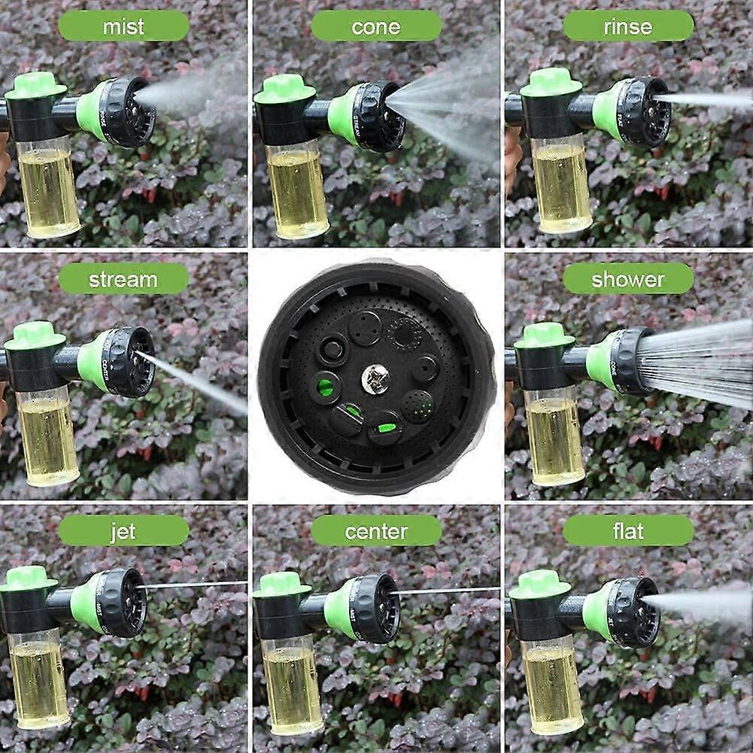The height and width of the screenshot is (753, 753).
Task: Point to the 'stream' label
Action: [x=123, y=279]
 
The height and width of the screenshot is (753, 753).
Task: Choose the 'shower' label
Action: [x=628, y=279]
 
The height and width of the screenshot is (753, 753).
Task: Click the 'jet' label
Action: [x=123, y=531]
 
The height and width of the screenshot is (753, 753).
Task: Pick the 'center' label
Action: [x=375, y=531]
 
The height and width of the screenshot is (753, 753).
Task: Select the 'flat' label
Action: [x=628, y=531]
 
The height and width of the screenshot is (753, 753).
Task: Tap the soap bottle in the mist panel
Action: [x=48, y=188]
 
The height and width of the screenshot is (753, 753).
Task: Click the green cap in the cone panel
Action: [x=284, y=89]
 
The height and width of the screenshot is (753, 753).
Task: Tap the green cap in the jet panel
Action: [x=29, y=578]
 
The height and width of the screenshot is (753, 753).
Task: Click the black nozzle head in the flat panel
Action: [x=633, y=612]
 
